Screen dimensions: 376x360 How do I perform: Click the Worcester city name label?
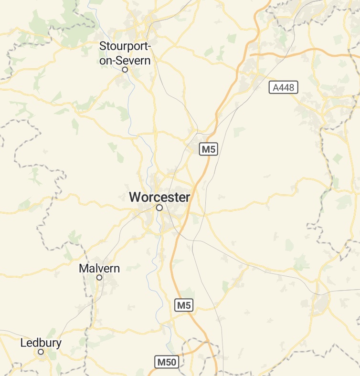[x=159, y=197]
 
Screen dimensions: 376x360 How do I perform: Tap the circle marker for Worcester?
[x=159, y=208]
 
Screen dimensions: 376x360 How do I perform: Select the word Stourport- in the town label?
[x=125, y=47]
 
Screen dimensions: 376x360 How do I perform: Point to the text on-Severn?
[x=125, y=61]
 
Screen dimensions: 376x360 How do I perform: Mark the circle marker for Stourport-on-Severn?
[x=125, y=70]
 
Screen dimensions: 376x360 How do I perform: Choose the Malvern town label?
[x=99, y=269]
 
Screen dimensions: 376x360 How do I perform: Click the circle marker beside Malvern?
[x=99, y=277]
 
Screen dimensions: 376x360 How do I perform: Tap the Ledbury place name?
[x=41, y=343]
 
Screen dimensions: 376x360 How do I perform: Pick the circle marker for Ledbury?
[x=41, y=352]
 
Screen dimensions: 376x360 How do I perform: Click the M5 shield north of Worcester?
[x=209, y=149]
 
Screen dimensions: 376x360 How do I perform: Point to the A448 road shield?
[x=284, y=87]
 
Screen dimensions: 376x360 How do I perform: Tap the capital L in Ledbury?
[x=23, y=343]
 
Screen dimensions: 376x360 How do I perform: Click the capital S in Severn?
[x=123, y=61]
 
